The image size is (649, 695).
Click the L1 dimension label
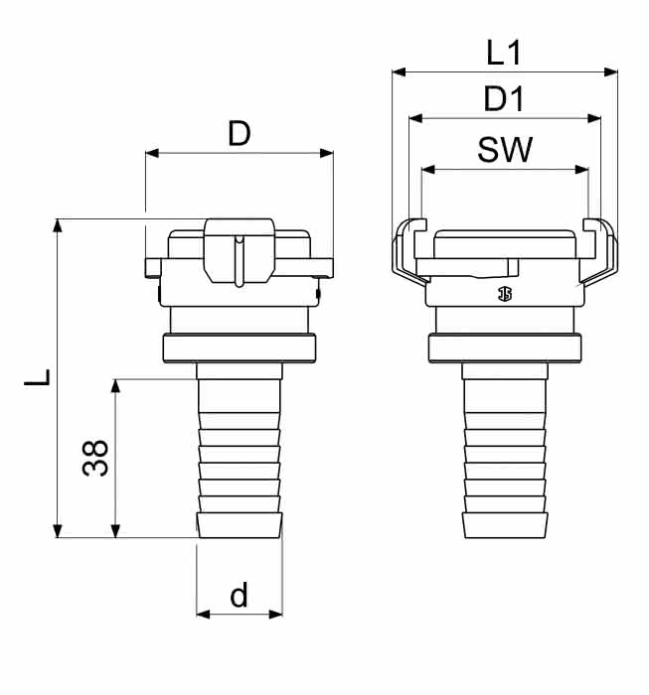504,53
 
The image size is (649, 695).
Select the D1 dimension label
504,98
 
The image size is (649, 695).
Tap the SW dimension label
505,149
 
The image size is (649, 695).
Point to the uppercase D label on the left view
240,133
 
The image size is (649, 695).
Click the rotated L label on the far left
37,376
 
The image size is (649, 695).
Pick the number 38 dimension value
95,458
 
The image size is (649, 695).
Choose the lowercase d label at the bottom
239,595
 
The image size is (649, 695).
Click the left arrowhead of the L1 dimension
399,71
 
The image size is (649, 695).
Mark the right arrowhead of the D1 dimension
594,118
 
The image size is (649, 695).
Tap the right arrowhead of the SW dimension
581,170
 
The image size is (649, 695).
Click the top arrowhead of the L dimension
58,225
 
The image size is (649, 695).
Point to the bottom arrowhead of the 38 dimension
115,530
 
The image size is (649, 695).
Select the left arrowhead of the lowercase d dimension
203,615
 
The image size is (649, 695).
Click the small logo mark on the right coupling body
504,294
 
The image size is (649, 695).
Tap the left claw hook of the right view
409,250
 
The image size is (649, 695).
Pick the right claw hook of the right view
599,250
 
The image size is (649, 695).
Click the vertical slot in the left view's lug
240,261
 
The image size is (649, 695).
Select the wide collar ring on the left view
240,348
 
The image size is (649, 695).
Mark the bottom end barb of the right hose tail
505,525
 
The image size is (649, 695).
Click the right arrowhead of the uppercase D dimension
327,153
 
